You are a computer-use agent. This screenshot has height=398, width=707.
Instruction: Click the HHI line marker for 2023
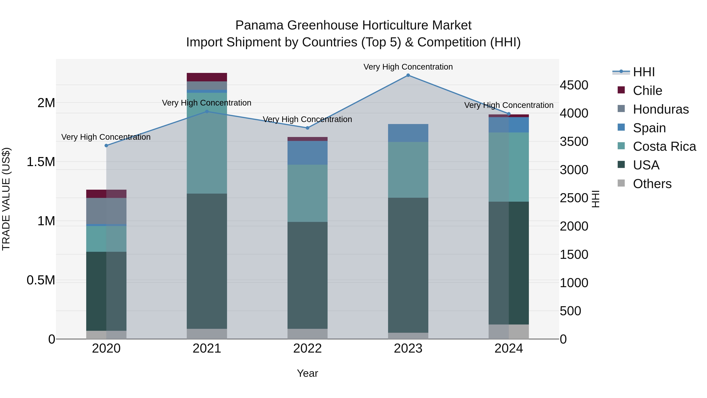click(408, 75)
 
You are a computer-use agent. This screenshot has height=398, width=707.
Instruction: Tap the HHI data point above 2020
click(106, 146)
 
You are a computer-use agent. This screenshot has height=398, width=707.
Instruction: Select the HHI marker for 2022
click(307, 128)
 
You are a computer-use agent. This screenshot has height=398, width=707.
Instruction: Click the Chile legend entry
click(647, 91)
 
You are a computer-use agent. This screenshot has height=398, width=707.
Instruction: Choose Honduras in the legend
click(661, 109)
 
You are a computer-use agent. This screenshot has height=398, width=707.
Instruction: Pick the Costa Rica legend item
click(664, 146)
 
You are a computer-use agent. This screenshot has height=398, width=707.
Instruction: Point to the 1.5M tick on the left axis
click(41, 162)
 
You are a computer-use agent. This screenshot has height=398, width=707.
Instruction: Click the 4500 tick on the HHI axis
click(574, 85)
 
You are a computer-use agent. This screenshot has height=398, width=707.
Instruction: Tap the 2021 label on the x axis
click(207, 348)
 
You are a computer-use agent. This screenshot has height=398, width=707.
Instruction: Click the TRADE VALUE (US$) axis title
click(6, 199)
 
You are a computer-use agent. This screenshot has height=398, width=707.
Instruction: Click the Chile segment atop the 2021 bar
click(207, 77)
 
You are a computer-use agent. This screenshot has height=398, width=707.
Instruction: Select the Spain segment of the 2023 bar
click(408, 133)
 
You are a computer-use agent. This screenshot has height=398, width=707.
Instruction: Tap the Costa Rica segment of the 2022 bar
click(307, 193)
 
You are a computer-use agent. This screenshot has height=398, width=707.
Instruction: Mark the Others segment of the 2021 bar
click(207, 334)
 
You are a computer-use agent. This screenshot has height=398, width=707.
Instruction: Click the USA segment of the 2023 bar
click(408, 265)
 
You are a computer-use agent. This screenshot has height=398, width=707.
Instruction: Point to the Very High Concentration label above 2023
click(408, 67)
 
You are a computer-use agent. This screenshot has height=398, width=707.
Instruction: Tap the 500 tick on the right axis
click(570, 311)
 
